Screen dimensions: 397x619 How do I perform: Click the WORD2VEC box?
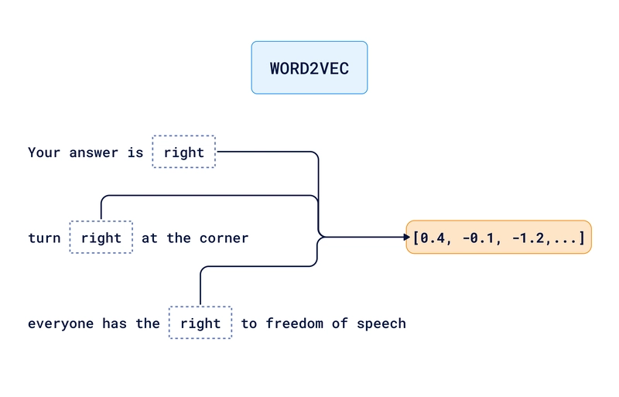click(x=309, y=68)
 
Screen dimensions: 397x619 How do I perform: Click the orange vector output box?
click(x=498, y=237)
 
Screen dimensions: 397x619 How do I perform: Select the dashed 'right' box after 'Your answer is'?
click(x=184, y=152)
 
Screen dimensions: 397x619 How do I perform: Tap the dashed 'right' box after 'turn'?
click(x=101, y=238)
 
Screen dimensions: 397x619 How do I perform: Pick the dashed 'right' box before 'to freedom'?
click(x=200, y=323)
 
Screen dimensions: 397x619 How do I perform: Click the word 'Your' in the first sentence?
click(x=44, y=152)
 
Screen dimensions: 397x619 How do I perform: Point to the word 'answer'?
click(x=94, y=152)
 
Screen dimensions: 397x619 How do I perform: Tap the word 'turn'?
click(x=44, y=238)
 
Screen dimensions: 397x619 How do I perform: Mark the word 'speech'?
click(x=381, y=323)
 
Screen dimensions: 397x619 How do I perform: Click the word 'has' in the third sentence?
click(x=115, y=323)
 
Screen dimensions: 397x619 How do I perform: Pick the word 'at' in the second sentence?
click(x=150, y=238)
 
